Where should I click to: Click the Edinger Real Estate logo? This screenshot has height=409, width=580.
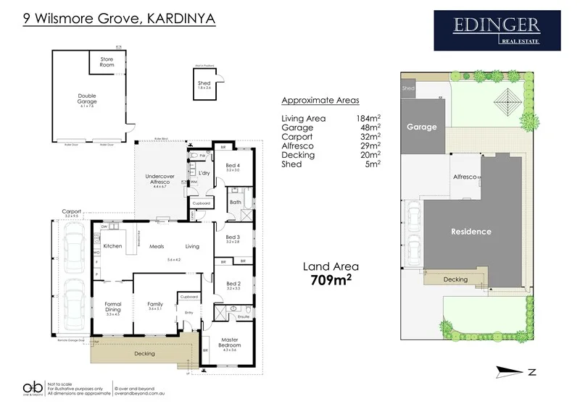pos(497,30)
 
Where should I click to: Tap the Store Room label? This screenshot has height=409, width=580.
pos(107,62)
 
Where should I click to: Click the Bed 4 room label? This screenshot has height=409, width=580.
pos(232,166)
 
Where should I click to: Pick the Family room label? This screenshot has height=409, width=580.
pos(155,304)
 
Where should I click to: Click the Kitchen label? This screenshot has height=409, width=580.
pos(112,246)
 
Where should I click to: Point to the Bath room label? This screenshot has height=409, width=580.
pos(236,203)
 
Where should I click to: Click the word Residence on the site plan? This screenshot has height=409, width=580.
pos(471,232)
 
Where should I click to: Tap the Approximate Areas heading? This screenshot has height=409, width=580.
pos(320,100)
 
